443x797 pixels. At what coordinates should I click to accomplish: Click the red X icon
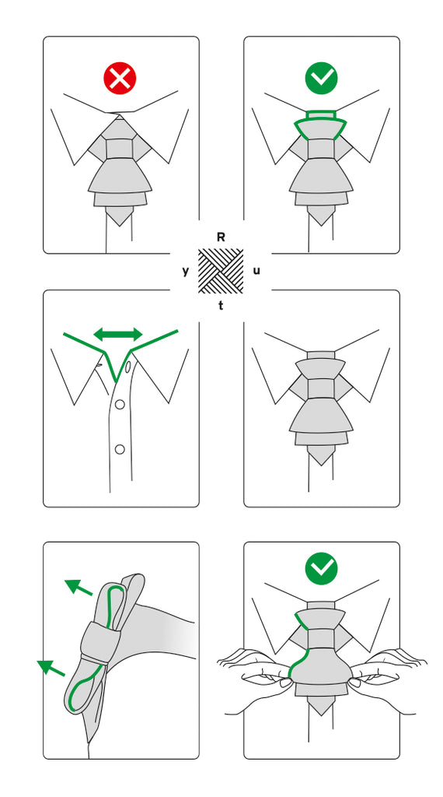(x=120, y=78)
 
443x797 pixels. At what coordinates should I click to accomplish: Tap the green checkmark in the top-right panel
(x=321, y=78)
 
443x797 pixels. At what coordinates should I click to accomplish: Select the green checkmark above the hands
(x=321, y=568)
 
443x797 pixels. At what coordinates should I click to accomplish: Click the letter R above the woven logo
(x=221, y=237)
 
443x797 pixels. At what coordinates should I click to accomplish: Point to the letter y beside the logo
(x=185, y=272)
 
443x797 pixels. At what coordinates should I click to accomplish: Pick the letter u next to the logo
(x=256, y=271)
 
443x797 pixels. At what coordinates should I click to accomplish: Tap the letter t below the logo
(x=221, y=306)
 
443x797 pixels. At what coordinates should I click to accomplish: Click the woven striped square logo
(x=221, y=271)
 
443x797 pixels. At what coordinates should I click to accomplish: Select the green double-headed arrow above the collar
(x=118, y=334)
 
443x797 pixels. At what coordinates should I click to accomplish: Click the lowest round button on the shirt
(x=120, y=449)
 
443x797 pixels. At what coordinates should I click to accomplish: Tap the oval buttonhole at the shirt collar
(x=128, y=366)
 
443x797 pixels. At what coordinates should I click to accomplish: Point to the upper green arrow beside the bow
(x=78, y=587)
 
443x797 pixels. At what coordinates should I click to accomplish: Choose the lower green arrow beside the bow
(x=51, y=667)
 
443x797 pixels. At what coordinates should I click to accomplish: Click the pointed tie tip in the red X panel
(x=119, y=216)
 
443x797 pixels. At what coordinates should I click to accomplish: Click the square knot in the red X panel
(x=119, y=148)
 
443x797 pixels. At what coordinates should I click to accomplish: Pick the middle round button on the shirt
(x=120, y=405)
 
